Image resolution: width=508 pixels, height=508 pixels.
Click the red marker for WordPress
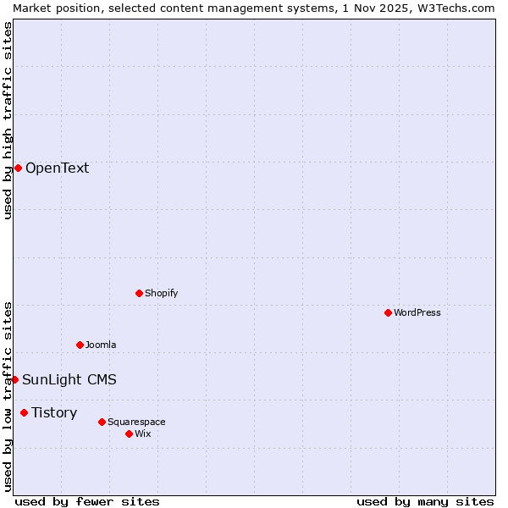pyautogui.click(x=388, y=312)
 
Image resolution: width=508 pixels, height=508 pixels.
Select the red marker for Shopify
pyautogui.click(x=139, y=293)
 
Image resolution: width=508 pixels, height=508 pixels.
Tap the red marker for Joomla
pyautogui.click(x=80, y=345)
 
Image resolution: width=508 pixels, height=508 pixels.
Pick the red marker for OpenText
pyautogui.click(x=18, y=168)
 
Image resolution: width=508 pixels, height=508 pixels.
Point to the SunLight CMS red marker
pyautogui.click(x=14, y=379)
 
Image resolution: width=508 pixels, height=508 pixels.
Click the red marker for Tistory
pyautogui.click(x=24, y=412)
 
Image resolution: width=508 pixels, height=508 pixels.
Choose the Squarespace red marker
pyautogui.click(x=102, y=422)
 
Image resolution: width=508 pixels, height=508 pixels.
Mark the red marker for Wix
pyautogui.click(x=129, y=433)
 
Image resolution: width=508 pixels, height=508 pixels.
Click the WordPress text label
pyautogui.click(x=417, y=312)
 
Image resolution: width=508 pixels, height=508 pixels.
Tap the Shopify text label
pyautogui.click(x=162, y=293)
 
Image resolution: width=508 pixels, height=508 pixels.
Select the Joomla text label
pyautogui.click(x=101, y=345)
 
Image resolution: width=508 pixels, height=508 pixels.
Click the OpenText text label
pyautogui.click(x=57, y=168)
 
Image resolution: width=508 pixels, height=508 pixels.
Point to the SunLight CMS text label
pyautogui.click(x=69, y=379)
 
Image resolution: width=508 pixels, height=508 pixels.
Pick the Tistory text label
pyautogui.click(x=54, y=412)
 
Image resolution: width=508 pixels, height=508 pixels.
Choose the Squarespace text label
pyautogui.click(x=136, y=422)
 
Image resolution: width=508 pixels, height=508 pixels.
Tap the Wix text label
pyautogui.click(x=143, y=433)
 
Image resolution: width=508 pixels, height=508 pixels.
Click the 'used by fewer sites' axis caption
pyautogui.click(x=87, y=501)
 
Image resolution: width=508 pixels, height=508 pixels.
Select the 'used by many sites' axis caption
pyautogui.click(x=425, y=501)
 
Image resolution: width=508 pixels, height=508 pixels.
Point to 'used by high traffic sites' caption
pyautogui.click(x=8, y=120)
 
